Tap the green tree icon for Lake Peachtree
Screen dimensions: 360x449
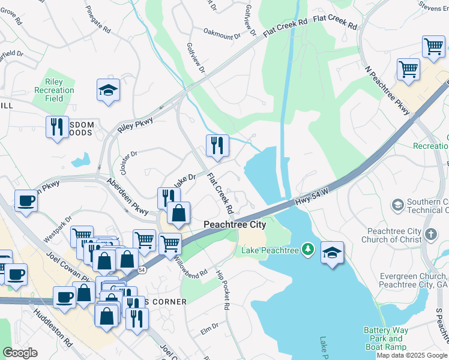coord(308,248)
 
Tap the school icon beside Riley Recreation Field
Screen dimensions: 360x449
coord(108,91)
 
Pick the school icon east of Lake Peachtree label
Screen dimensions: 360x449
coord(332,252)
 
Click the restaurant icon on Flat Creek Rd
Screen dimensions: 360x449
coord(217,146)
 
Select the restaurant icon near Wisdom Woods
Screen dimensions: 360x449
coord(57,127)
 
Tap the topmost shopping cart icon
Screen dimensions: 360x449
coord(433,46)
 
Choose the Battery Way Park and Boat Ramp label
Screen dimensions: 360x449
coord(385,338)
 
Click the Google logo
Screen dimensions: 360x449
coord(20,353)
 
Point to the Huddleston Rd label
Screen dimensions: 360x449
coord(53,328)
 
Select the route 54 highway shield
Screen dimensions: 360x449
coord(141,271)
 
